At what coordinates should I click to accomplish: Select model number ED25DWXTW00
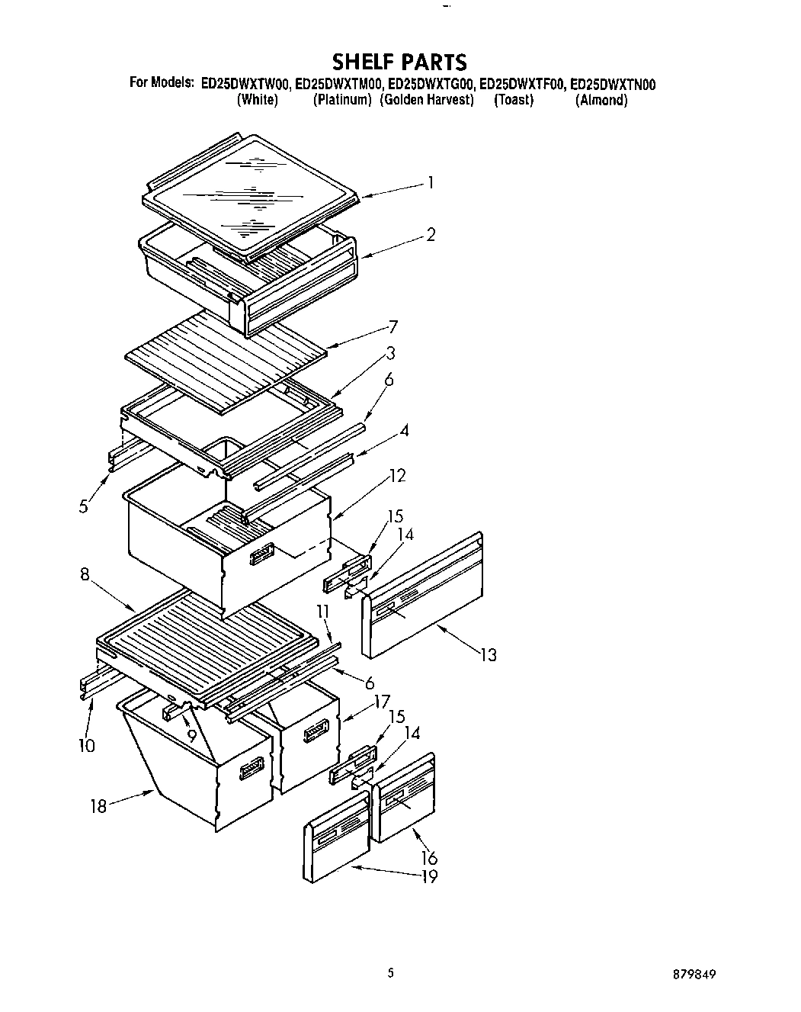coord(245,84)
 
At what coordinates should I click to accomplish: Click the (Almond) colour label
coord(601,100)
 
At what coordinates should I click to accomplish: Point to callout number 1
coord(431,182)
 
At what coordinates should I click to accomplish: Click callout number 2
coord(431,235)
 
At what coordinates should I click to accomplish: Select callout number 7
coord(393,327)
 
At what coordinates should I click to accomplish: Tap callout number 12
coord(397,476)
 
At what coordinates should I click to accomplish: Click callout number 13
coord(488,654)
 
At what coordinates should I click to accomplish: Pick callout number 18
coord(98,805)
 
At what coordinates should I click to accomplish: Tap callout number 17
coord(383,700)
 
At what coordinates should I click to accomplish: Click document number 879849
coord(694,975)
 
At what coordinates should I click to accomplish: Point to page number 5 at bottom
coord(390,972)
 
